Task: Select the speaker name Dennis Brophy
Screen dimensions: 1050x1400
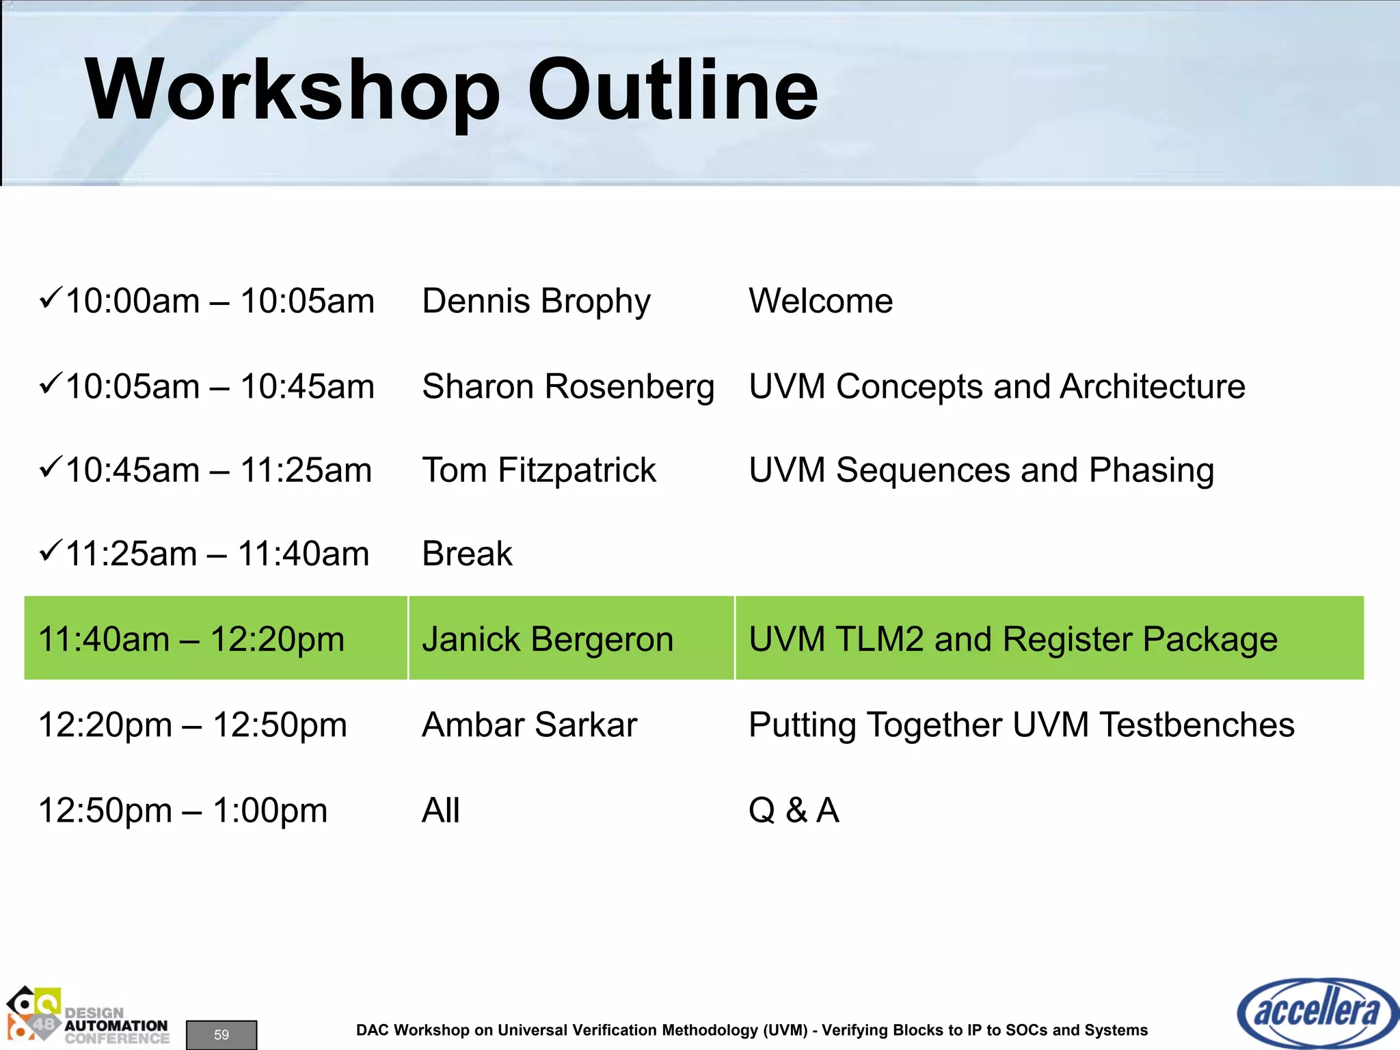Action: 536,301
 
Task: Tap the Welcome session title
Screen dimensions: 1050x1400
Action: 820,301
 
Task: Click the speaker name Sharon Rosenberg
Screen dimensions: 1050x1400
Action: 567,387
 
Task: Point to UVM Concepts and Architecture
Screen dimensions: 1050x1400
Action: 997,387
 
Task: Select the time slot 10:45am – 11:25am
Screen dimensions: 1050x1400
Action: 219,470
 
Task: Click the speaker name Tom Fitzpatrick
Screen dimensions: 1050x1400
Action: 539,470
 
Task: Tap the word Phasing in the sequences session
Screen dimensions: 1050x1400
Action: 1151,471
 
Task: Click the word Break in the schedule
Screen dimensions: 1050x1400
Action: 467,554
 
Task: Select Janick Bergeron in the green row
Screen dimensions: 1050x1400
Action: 548,639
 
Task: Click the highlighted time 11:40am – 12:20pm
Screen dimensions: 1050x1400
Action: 191,639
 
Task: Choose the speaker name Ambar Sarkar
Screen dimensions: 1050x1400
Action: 529,725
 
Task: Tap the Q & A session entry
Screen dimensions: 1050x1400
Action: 793,811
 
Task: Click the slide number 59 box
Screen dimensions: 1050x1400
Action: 221,1034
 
